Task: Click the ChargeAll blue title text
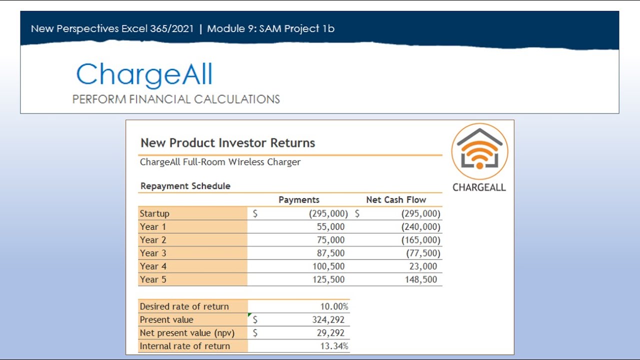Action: [144, 75]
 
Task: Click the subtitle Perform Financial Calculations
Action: [176, 99]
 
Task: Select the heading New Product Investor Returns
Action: [227, 143]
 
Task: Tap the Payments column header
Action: [299, 200]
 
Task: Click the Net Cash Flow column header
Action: [396, 200]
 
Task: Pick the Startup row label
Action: [154, 213]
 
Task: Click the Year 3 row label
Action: [153, 253]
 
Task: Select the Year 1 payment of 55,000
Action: [330, 227]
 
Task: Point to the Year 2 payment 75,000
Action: [330, 240]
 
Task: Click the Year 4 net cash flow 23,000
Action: [423, 266]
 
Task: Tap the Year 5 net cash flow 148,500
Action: [421, 279]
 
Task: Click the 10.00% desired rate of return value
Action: [334, 306]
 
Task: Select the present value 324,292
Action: [328, 320]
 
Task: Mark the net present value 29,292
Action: [330, 333]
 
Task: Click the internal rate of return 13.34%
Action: [334, 346]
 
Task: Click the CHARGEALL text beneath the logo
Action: [479, 187]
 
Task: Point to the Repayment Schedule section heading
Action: [185, 186]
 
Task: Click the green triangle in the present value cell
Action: [249, 314]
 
